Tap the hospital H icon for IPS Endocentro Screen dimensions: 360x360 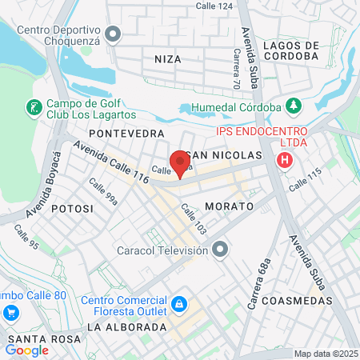click(x=285, y=161)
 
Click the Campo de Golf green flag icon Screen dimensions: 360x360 click(x=34, y=106)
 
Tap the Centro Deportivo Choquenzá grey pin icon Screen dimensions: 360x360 click(x=113, y=35)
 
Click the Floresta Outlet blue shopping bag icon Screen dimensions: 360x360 click(x=180, y=304)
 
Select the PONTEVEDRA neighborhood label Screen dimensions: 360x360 click(x=126, y=133)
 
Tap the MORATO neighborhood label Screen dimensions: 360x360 click(x=229, y=206)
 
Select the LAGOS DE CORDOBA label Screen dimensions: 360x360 click(x=290, y=51)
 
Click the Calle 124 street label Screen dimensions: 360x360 click(x=214, y=6)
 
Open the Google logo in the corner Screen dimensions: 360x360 click(x=27, y=350)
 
